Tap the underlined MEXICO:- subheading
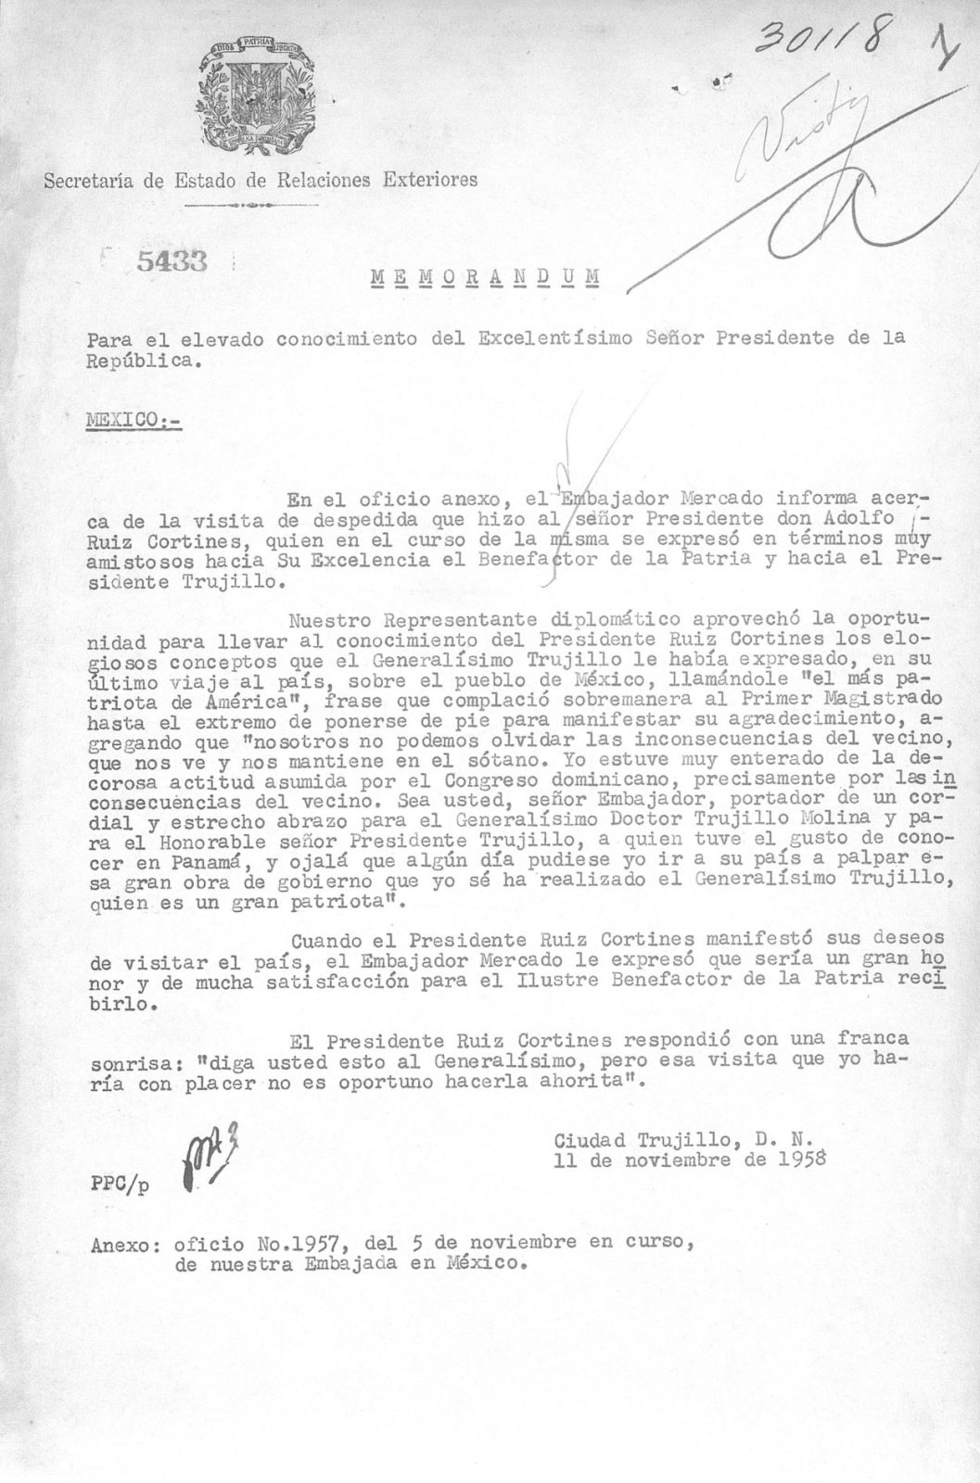[x=134, y=419]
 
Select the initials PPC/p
[x=119, y=1183]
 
